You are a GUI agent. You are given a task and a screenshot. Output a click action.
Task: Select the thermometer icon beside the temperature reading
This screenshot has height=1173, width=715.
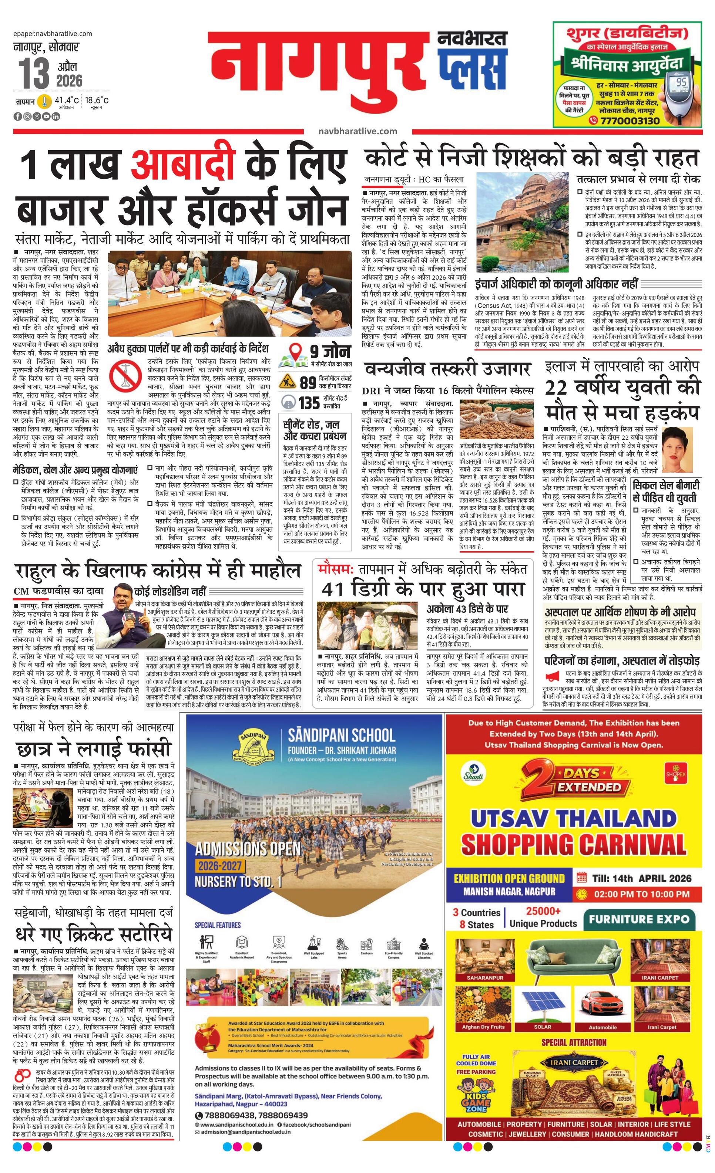click(x=45, y=101)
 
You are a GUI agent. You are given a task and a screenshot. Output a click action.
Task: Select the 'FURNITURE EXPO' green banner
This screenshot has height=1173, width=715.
click(x=639, y=919)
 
